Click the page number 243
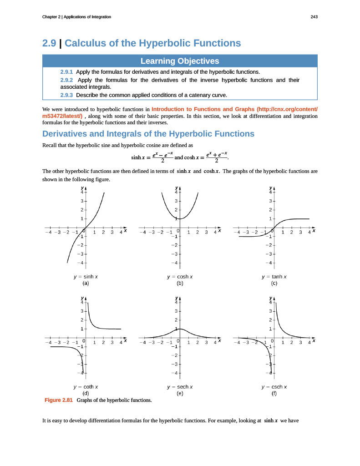pos(314,17)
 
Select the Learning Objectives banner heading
pos(180,61)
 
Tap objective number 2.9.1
pos(67,72)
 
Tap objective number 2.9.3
pos(67,95)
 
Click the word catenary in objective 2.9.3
pos(195,95)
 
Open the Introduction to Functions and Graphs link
pos(234,109)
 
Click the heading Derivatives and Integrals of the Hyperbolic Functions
pos(148,134)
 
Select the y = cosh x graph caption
pos(180,277)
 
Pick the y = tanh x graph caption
pos(274,277)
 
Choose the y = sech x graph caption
pos(180,387)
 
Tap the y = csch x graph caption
pos(274,387)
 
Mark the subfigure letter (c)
pos(274,283)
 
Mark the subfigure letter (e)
pos(180,393)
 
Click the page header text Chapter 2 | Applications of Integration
pos(76,17)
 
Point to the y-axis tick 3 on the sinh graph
pos(81,201)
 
